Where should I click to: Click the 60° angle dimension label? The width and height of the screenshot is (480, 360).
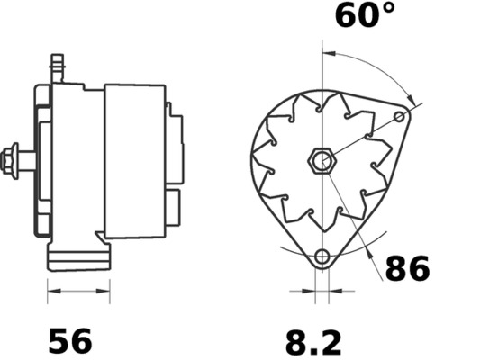pyautogui.click(x=366, y=14)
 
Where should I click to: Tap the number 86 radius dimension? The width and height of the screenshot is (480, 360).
pyautogui.click(x=407, y=268)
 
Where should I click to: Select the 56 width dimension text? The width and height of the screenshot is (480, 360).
pyautogui.click(x=70, y=341)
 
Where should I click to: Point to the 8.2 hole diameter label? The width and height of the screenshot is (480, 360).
pyautogui.click(x=313, y=343)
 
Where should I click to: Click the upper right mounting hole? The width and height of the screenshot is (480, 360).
pyautogui.click(x=399, y=116)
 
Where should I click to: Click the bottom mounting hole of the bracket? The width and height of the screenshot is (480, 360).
pyautogui.click(x=322, y=256)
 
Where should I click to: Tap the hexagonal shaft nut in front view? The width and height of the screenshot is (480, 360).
pyautogui.click(x=322, y=161)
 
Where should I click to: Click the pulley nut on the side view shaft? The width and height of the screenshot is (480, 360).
pyautogui.click(x=10, y=161)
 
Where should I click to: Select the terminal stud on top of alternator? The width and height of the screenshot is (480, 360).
pyautogui.click(x=58, y=68)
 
